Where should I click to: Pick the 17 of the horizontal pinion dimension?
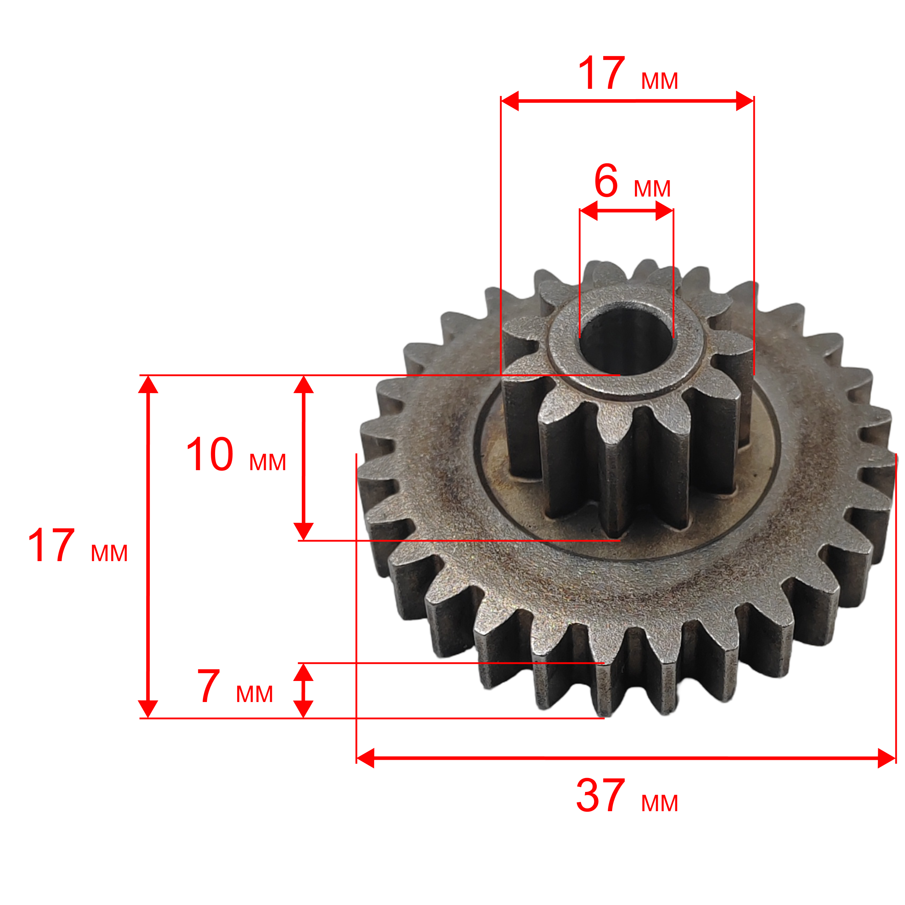(x=602, y=73)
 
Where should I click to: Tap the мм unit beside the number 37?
(x=660, y=803)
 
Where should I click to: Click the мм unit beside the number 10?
(x=268, y=462)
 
